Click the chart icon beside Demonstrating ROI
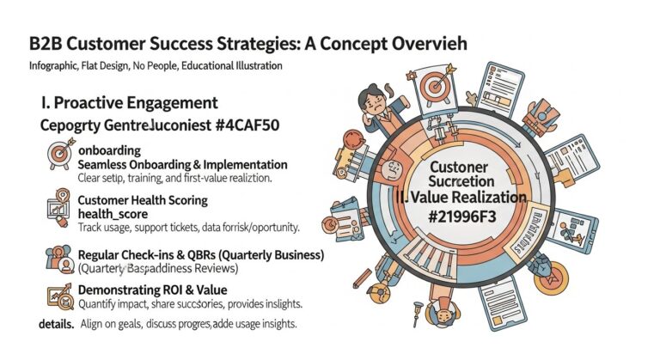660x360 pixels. [x=59, y=296]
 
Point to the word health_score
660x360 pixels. [x=112, y=214]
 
